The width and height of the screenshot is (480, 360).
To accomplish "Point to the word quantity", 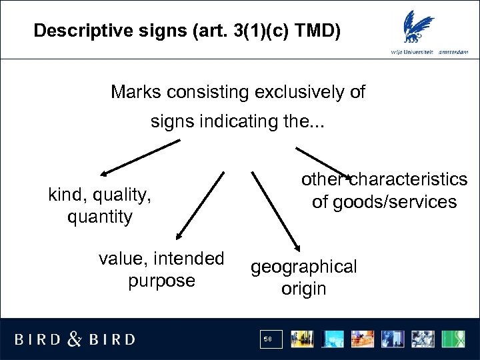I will click(x=100, y=217).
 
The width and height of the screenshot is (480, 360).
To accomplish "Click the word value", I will click(x=123, y=258).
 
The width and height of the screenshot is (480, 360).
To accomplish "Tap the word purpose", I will click(x=161, y=281).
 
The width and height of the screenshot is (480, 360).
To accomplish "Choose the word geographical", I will click(x=304, y=267).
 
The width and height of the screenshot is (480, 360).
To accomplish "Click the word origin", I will click(x=304, y=289).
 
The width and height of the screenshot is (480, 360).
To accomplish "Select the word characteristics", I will click(x=408, y=179).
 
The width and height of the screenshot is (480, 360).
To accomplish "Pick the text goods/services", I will click(x=384, y=202).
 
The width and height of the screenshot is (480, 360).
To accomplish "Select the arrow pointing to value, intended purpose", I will click(x=200, y=204).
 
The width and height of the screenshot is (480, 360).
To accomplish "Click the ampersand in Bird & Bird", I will click(x=75, y=339).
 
